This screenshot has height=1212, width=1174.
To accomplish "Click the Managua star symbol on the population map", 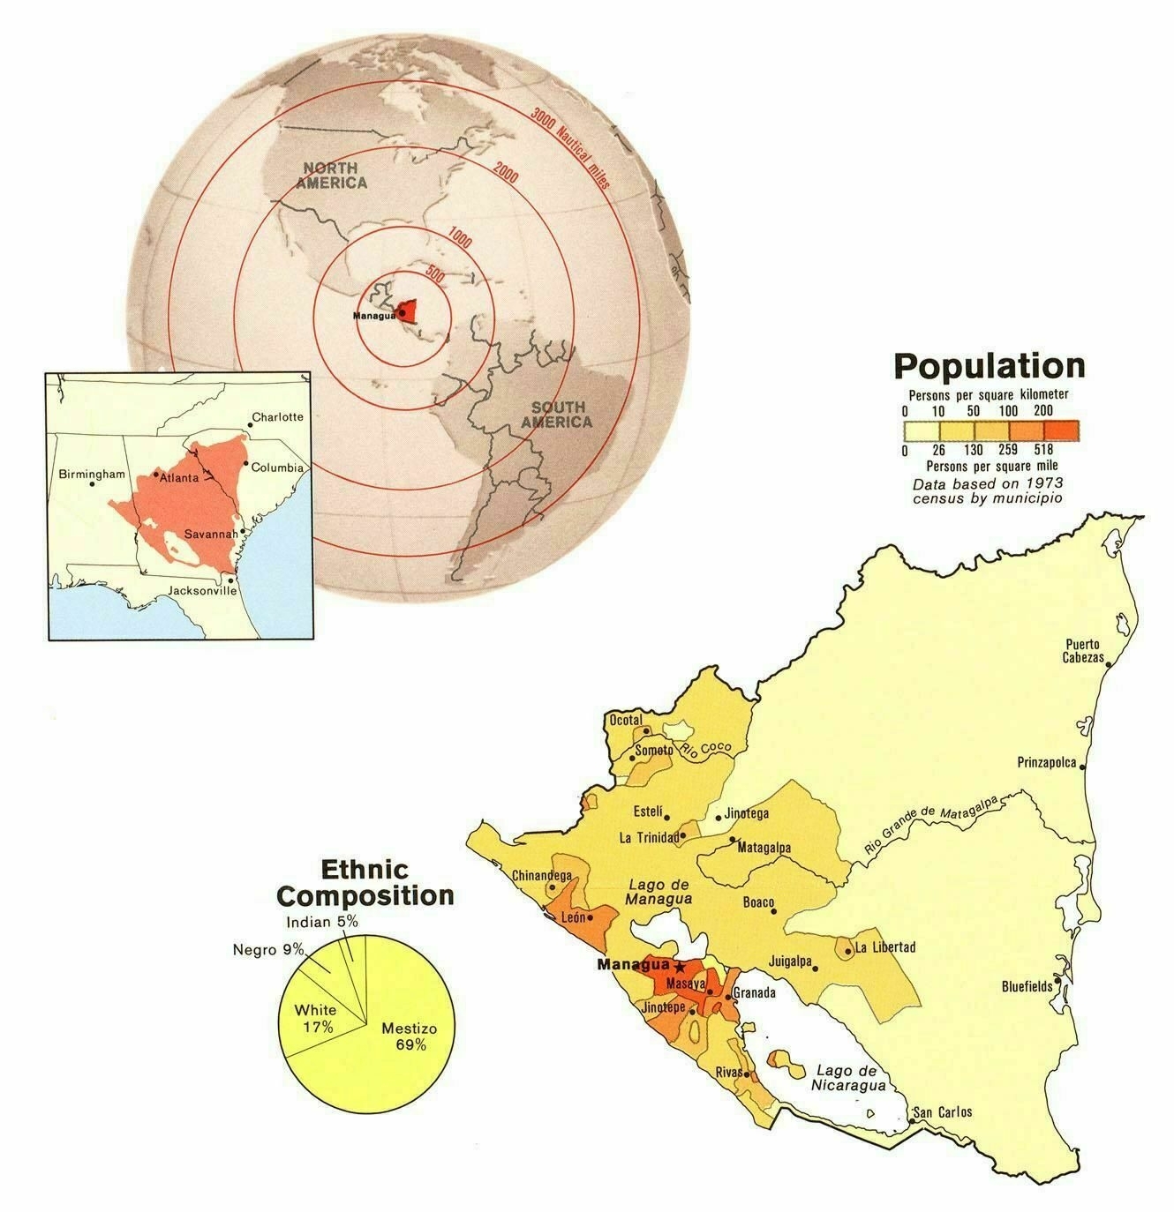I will (x=678, y=967).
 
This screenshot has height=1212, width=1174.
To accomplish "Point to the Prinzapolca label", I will (x=1047, y=762).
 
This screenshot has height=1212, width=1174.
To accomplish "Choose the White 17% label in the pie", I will (x=315, y=1018).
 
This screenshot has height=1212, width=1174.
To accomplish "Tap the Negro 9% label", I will (x=268, y=949).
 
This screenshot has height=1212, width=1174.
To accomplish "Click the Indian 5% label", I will (x=322, y=922).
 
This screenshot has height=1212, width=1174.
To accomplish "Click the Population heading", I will (x=989, y=366).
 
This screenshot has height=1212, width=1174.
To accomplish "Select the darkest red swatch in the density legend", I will (x=1061, y=430).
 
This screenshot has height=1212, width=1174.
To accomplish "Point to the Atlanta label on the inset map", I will (x=178, y=477).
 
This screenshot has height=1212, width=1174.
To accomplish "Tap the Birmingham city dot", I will (x=93, y=484).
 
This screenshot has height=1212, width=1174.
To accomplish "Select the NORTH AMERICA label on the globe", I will (x=332, y=175).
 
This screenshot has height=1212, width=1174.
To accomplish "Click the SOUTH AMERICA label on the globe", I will (x=557, y=414).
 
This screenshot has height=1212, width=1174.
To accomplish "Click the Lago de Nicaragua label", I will (x=849, y=1076).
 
